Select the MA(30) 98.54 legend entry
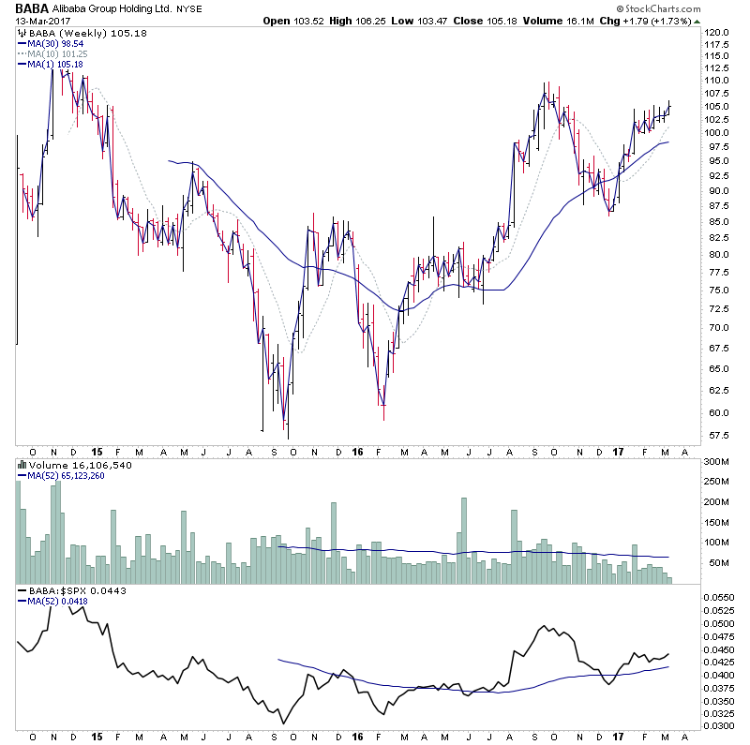(57, 44)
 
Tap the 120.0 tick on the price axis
(718, 32)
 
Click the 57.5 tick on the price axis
(718, 435)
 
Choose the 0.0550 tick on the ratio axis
(722, 597)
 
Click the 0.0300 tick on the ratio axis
(722, 725)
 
